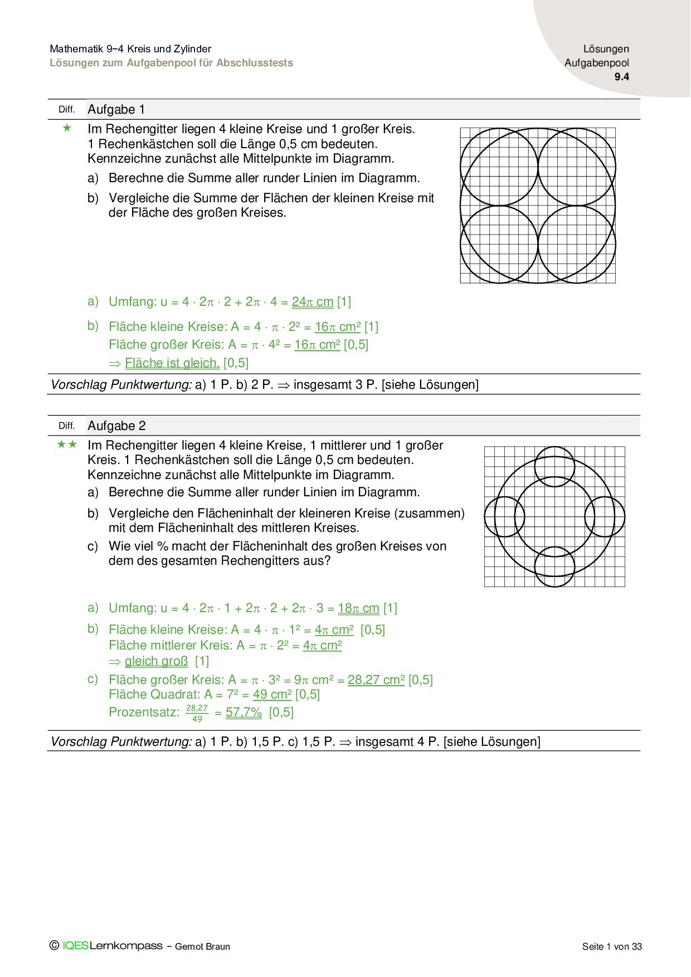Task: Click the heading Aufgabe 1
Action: pyautogui.click(x=116, y=110)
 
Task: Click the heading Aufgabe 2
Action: pyautogui.click(x=116, y=426)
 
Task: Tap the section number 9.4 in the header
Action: pyautogui.click(x=621, y=77)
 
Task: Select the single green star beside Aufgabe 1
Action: pyautogui.click(x=67, y=129)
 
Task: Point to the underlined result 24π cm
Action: pyautogui.click(x=313, y=302)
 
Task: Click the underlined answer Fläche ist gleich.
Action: pyautogui.click(x=172, y=363)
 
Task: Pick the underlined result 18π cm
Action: pyautogui.click(x=358, y=608)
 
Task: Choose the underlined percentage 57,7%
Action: pyautogui.click(x=244, y=712)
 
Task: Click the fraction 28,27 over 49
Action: pyautogui.click(x=197, y=713)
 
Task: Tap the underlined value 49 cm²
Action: pyautogui.click(x=272, y=695)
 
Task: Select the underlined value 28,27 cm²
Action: pyautogui.click(x=376, y=680)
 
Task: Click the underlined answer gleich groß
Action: pyautogui.click(x=156, y=661)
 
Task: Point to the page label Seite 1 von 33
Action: pyautogui.click(x=612, y=946)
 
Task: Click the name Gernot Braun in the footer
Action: pyautogui.click(x=202, y=946)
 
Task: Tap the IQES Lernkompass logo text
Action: pyautogui.click(x=112, y=946)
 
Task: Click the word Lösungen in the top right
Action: pyautogui.click(x=606, y=49)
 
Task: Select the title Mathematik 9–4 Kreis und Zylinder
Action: pyautogui.click(x=130, y=49)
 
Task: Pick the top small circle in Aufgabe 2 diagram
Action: pyautogui.click(x=554, y=466)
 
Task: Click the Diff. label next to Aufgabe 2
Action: pyautogui.click(x=66, y=426)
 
